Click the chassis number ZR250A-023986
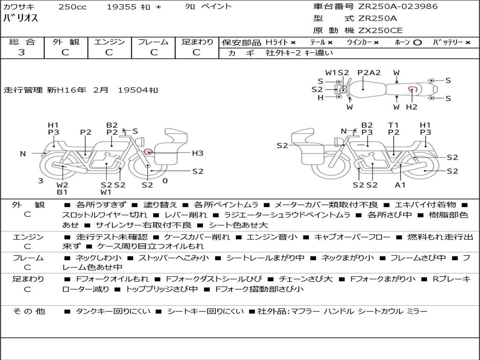pyautogui.click(x=398, y=6)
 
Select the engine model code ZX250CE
pyautogui.click(x=380, y=30)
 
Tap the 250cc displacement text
pyautogui.click(x=73, y=7)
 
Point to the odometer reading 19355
pyautogui.click(x=121, y=7)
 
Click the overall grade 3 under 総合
pyautogui.click(x=22, y=52)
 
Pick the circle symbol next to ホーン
pyautogui.click(x=417, y=43)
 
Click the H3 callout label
pyautogui.click(x=197, y=153)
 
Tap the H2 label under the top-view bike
pyautogui.click(x=412, y=107)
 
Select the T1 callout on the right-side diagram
pyautogui.click(x=393, y=125)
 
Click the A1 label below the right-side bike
pyautogui.click(x=400, y=185)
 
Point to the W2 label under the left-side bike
pyautogui.click(x=62, y=185)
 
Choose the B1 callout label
pyautogui.click(x=62, y=192)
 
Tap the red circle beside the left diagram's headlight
pyautogui.click(x=148, y=151)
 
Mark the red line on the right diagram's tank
pyautogui.click(x=360, y=144)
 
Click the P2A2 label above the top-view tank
pyautogui.click(x=369, y=73)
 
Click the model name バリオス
pyautogui.click(x=21, y=18)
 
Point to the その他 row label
pyautogui.click(x=29, y=311)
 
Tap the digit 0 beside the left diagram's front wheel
pyautogui.click(x=165, y=181)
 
